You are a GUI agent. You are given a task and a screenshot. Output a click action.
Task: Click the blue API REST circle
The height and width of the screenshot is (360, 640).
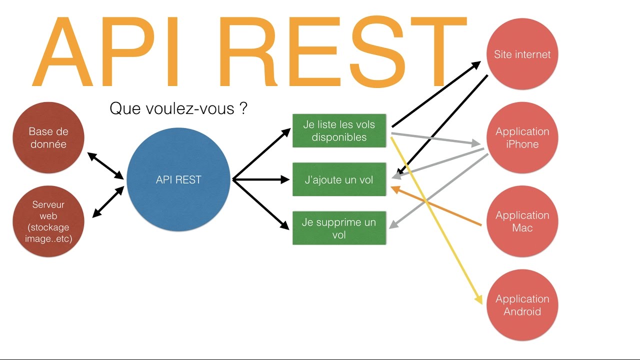(178, 180)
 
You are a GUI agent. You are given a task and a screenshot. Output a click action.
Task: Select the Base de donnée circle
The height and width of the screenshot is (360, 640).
(48, 138)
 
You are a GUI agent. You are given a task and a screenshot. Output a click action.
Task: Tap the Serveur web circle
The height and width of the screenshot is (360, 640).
(48, 222)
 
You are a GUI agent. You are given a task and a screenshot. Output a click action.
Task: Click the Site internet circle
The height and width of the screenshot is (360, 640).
(522, 54)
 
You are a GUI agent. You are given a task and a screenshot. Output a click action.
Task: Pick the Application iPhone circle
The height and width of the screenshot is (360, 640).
(522, 138)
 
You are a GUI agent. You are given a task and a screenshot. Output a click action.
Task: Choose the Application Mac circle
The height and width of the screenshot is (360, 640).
(522, 221)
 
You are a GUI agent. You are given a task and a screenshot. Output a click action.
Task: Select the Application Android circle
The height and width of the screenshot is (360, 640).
(522, 305)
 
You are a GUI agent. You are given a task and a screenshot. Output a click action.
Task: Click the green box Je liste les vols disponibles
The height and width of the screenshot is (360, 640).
(339, 131)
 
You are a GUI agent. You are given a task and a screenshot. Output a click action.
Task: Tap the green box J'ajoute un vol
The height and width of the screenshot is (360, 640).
(339, 179)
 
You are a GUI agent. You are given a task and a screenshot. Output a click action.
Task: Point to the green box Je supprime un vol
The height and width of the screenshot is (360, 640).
(339, 228)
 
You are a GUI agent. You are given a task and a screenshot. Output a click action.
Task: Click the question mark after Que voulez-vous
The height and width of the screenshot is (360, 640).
(243, 108)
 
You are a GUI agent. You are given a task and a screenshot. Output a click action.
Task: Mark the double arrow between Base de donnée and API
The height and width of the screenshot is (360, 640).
(105, 165)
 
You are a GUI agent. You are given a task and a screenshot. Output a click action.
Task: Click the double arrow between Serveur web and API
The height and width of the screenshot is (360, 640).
(108, 202)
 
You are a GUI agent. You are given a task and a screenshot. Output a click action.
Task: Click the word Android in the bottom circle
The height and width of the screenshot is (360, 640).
(522, 311)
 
